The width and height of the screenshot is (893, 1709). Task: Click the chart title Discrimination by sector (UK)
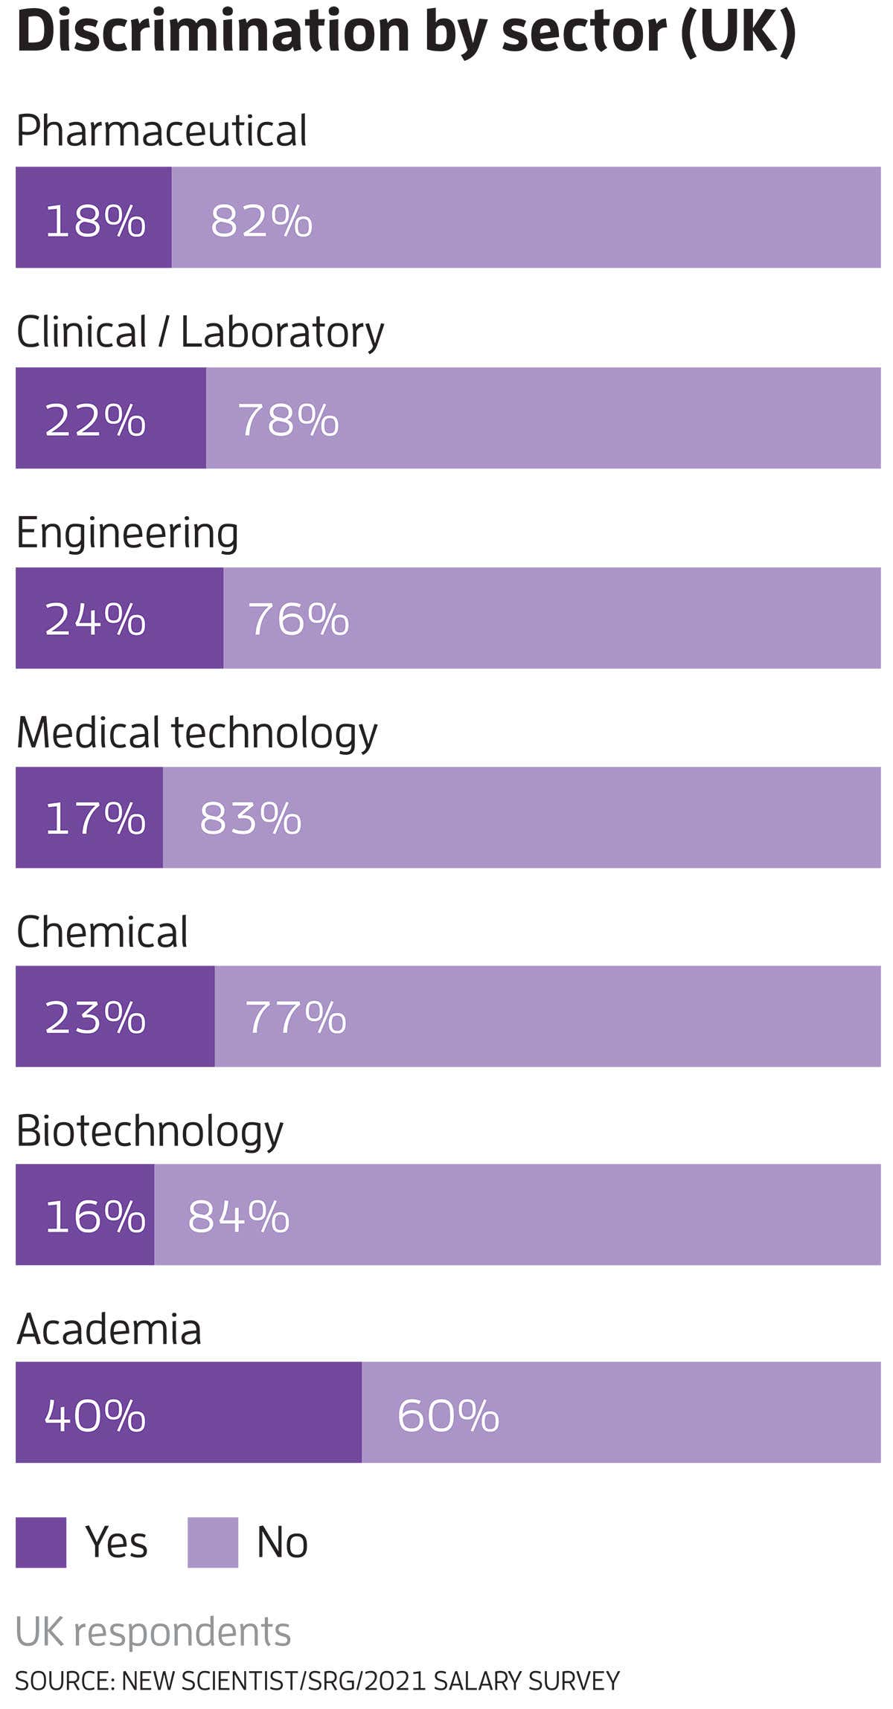coord(406,33)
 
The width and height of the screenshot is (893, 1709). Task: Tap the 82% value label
coord(261,221)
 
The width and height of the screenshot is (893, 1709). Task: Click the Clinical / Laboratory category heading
coord(199,332)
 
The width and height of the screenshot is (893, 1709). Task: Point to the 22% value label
coord(95,420)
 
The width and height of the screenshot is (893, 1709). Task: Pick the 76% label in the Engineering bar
coord(298,619)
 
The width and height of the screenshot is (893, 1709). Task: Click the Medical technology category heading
coord(196,733)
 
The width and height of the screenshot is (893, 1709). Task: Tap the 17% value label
coord(95,818)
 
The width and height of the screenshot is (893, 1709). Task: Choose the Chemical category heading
coord(102,932)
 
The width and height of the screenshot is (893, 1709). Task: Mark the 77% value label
coord(295,1017)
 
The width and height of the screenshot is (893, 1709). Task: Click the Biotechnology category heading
coord(149,1131)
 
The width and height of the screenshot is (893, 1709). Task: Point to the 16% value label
coord(95,1217)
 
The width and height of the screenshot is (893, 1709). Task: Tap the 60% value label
coord(447,1414)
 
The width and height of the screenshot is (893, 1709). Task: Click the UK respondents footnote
coord(153,1632)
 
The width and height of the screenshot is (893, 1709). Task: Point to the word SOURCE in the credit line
coord(63,1681)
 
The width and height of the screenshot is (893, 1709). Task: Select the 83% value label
coord(250,818)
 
